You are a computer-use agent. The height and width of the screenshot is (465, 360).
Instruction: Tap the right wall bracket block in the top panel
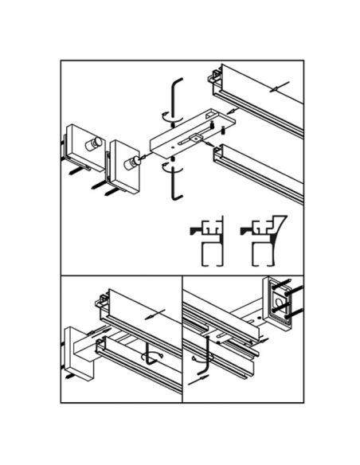pos(120,163)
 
